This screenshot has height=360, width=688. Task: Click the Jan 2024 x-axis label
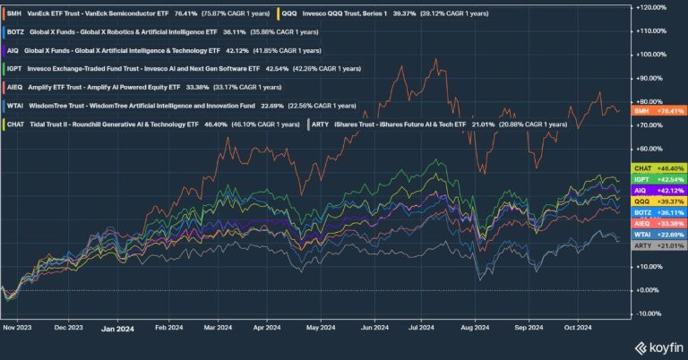[x=116, y=329]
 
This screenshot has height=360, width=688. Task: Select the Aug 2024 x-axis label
[x=476, y=329]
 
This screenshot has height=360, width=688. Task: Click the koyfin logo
[x=658, y=347]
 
